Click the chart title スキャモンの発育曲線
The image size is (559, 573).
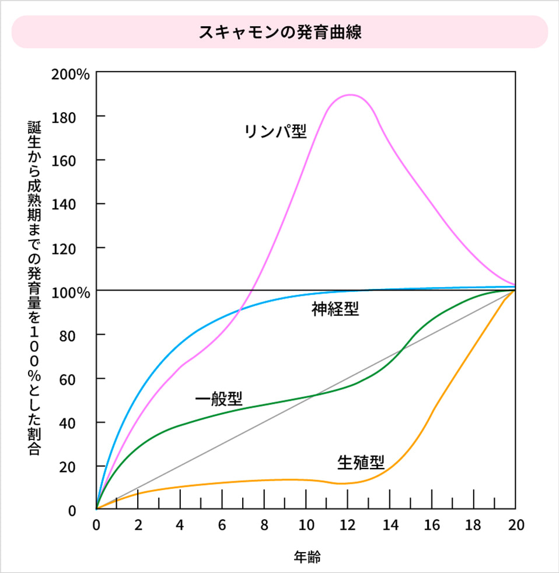coord(279,32)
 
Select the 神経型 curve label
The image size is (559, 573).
coord(335,309)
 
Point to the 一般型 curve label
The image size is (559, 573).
coord(218,400)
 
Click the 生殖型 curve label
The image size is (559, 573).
coord(361,463)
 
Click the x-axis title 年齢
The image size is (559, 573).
coord(306,557)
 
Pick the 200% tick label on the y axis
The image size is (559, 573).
coord(71,75)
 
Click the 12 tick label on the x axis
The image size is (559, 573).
coord(348,525)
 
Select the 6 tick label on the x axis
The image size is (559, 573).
coord(222,525)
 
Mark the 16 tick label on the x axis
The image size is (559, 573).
coord(432,525)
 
